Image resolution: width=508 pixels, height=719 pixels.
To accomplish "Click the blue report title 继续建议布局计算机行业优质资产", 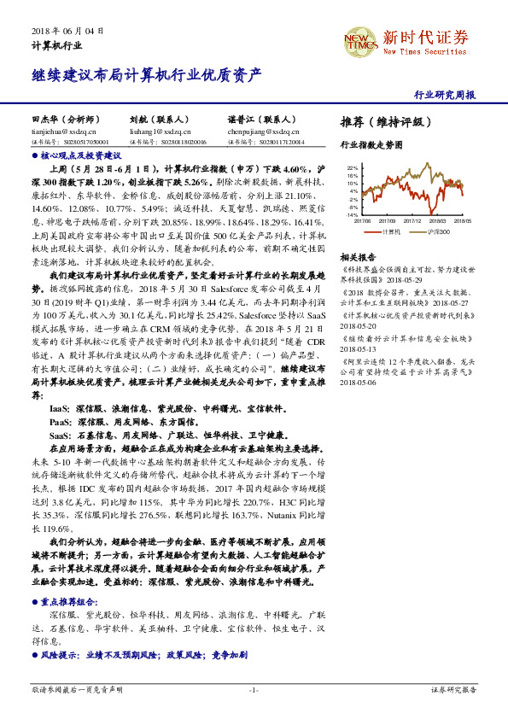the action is click(146, 75).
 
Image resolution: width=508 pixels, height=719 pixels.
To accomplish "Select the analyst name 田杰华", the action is click(44, 121).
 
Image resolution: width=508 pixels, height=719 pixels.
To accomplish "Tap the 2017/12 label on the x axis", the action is click(409, 219).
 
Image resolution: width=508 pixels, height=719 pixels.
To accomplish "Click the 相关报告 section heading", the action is click(358, 257).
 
